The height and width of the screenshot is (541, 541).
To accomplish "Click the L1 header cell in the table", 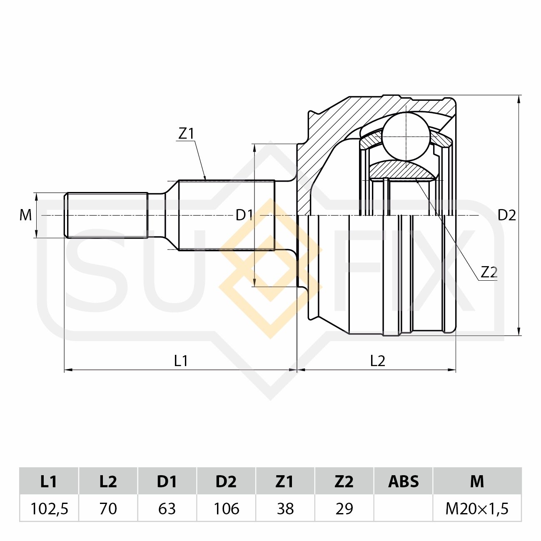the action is pyautogui.click(x=49, y=481).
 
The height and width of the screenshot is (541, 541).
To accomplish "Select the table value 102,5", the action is pyautogui.click(x=49, y=509).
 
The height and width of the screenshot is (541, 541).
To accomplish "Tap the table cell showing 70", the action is pyautogui.click(x=108, y=509).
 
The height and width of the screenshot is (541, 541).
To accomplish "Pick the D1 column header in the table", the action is pyautogui.click(x=167, y=481).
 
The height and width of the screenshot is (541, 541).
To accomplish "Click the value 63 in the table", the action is pyautogui.click(x=167, y=509).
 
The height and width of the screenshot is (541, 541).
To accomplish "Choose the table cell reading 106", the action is pyautogui.click(x=226, y=509).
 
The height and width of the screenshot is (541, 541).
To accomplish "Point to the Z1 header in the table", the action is pyautogui.click(x=285, y=481).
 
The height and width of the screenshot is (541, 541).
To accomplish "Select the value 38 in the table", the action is pyautogui.click(x=285, y=509).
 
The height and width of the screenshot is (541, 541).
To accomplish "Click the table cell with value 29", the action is pyautogui.click(x=344, y=509).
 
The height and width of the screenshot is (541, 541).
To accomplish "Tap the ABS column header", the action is pyautogui.click(x=403, y=481).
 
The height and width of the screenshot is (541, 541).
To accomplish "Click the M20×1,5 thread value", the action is pyautogui.click(x=477, y=509).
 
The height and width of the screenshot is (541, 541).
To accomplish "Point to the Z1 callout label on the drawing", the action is pyautogui.click(x=186, y=134).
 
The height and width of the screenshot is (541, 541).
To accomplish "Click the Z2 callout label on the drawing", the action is pyautogui.click(x=489, y=272).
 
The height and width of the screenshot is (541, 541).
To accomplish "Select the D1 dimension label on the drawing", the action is pyautogui.click(x=244, y=215).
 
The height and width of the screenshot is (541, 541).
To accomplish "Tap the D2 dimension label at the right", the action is pyautogui.click(x=507, y=215).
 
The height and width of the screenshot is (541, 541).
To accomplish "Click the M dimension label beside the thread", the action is pyautogui.click(x=26, y=215).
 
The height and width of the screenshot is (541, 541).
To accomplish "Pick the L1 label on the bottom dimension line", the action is pyautogui.click(x=181, y=361).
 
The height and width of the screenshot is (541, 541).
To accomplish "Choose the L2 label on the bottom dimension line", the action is pyautogui.click(x=378, y=361).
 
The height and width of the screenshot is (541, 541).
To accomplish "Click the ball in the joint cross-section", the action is pyautogui.click(x=406, y=136).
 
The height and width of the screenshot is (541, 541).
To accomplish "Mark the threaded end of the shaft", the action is pyautogui.click(x=106, y=215).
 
